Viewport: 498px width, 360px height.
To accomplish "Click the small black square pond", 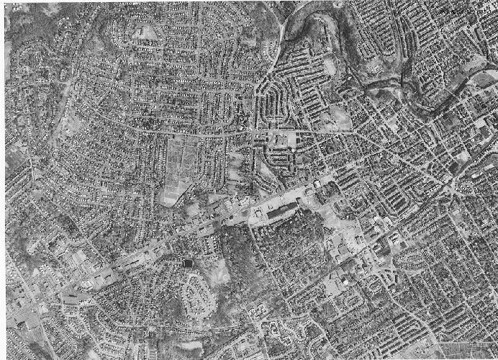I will (189, 263).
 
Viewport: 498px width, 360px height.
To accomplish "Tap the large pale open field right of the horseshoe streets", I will (335, 115).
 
